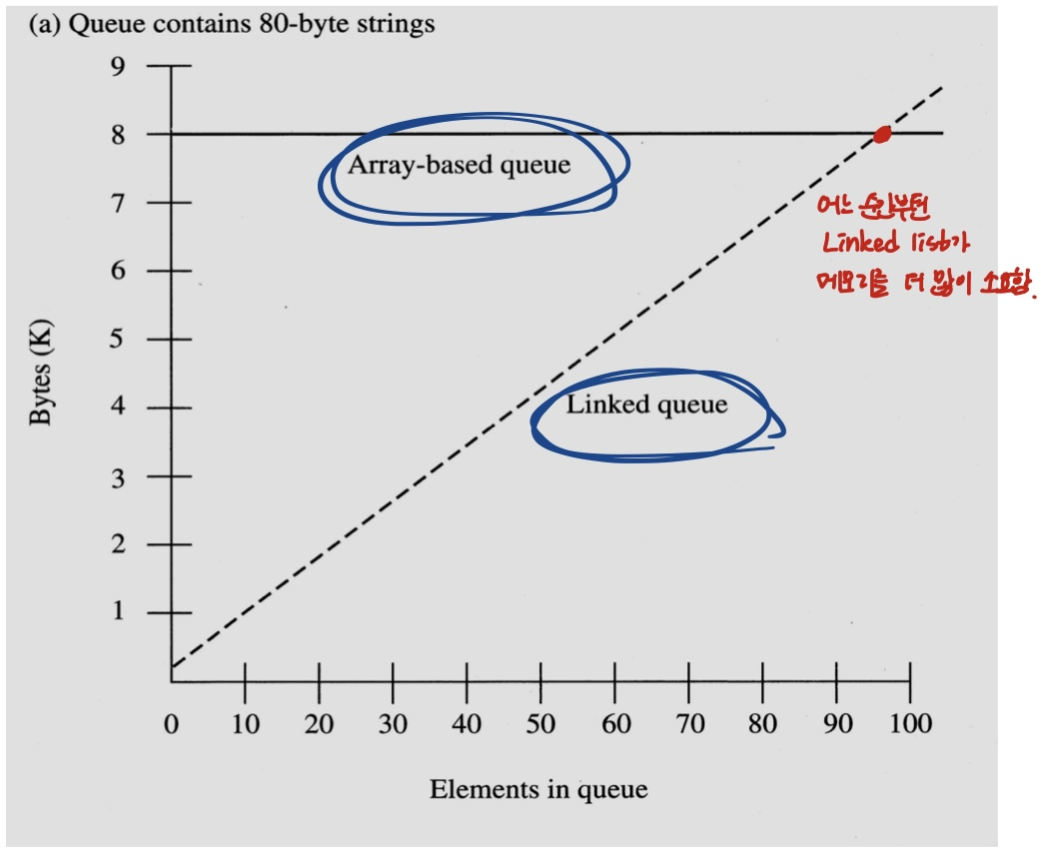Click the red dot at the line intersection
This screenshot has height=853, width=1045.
point(882,134)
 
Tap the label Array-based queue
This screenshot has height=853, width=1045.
point(459,165)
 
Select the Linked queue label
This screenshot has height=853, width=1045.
point(646,405)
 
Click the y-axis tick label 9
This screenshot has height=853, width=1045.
point(119,66)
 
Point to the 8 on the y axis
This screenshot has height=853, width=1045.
point(119,134)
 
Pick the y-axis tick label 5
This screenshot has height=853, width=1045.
point(119,340)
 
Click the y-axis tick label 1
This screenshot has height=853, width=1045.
point(119,611)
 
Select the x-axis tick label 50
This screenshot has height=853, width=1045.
point(540,723)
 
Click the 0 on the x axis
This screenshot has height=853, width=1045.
point(172,723)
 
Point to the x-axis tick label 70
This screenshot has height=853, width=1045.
point(688,723)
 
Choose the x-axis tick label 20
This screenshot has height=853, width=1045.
point(319,723)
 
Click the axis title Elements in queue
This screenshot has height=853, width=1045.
point(538,790)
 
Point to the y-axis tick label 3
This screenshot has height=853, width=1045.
point(119,476)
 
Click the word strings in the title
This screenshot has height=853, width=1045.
point(391,23)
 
